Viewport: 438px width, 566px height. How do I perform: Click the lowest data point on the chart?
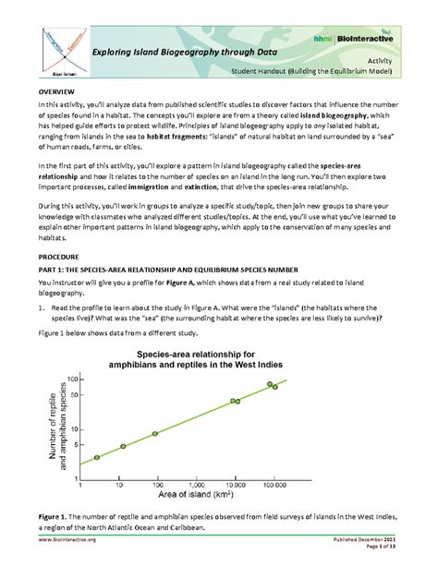click(x=96, y=457)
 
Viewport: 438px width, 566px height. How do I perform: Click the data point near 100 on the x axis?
click(x=155, y=433)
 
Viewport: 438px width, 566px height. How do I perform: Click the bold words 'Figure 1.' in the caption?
click(x=53, y=513)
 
